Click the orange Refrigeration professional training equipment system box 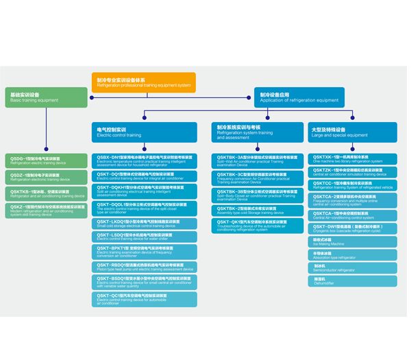click(144, 82)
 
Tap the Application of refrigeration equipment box click(299, 97)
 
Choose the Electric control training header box click(144, 132)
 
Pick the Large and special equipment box click(354, 132)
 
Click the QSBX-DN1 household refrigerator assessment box click(144, 160)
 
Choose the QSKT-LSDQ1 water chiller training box click(144, 237)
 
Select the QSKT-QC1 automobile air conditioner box click(144, 298)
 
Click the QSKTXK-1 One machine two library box click(354, 158)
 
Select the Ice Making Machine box click(354, 241)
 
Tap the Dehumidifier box click(354, 280)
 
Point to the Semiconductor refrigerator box click(354, 267)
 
